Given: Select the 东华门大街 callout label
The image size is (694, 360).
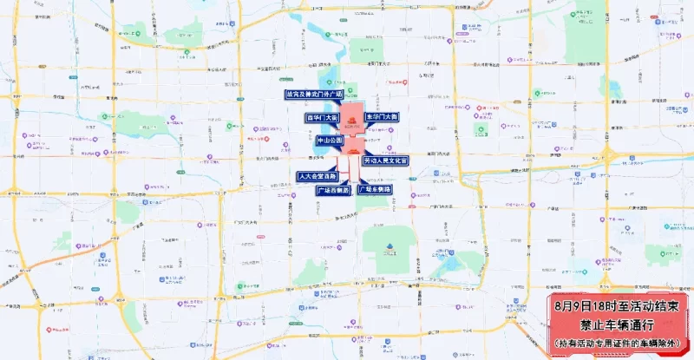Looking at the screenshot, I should coord(382,116).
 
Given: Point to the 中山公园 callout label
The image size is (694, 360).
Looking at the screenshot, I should coord(330,140).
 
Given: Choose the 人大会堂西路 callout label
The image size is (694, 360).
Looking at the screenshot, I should coord(317,176).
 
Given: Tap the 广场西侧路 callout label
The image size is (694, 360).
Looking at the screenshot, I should coord(334,189).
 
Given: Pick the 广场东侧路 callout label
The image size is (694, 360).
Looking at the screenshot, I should coord(375,189).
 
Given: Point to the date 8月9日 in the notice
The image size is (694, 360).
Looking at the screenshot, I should coord(573,306).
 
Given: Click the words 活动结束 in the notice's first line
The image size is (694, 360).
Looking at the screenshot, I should coord(658,306).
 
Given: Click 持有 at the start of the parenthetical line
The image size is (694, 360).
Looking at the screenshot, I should coord(565,343).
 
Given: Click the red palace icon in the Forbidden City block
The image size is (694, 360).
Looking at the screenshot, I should coord(353,122).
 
